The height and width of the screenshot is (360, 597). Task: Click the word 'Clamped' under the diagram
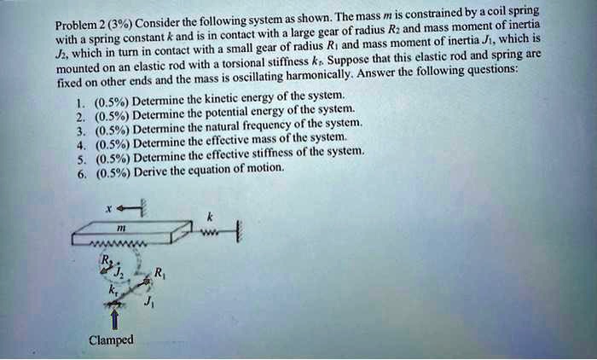tap(111, 340)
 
